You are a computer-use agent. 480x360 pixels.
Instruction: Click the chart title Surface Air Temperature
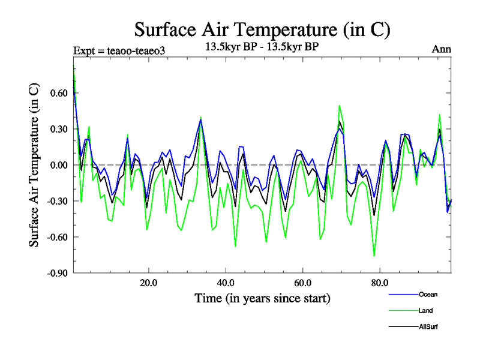click(262, 28)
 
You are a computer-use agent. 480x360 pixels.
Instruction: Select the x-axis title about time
click(262, 298)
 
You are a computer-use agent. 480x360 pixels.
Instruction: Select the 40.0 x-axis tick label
click(225, 282)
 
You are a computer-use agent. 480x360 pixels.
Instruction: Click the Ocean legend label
click(428, 295)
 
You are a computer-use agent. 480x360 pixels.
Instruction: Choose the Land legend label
click(425, 310)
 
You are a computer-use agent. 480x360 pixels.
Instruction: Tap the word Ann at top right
click(442, 49)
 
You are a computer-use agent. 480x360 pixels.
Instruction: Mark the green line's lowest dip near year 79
click(374, 256)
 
